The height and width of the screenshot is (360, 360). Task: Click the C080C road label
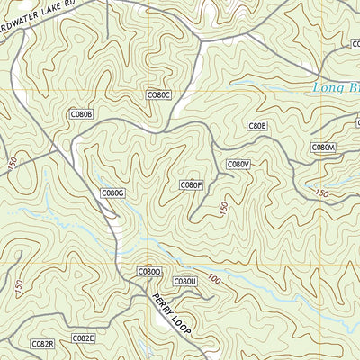[x=158, y=94]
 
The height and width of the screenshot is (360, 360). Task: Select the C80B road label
[x=257, y=126]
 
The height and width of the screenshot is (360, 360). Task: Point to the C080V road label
[x=238, y=164]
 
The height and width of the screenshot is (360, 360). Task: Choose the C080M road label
[x=324, y=147]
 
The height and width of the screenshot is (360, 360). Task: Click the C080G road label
[x=112, y=193]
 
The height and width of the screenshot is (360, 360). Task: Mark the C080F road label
[x=191, y=185]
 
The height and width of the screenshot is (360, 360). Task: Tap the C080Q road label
[x=149, y=271]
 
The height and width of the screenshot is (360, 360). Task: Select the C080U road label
[x=184, y=282]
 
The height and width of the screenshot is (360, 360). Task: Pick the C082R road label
[x=42, y=344]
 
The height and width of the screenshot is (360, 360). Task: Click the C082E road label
[x=84, y=338]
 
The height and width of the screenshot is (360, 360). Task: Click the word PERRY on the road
[x=162, y=306]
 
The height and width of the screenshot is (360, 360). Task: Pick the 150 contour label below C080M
[x=322, y=192]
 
